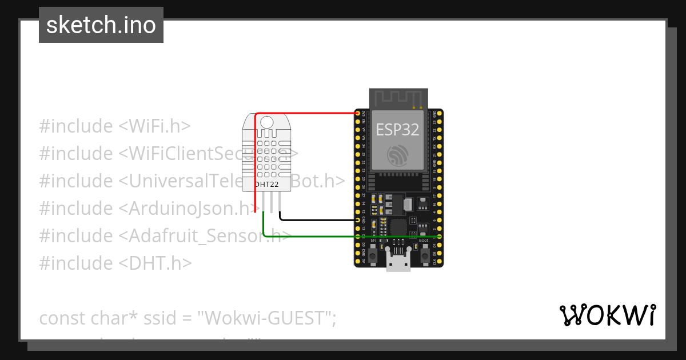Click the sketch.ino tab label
pyautogui.click(x=101, y=25)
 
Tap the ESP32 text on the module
pyautogui.click(x=397, y=130)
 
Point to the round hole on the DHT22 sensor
pyautogui.click(x=267, y=121)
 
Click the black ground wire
pyautogui.click(x=317, y=219)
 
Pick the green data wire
pyautogui.click(x=343, y=235)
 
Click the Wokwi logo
pyautogui.click(x=608, y=315)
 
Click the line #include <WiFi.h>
pyautogui.click(x=114, y=126)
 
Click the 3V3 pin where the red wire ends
pyautogui.click(x=358, y=113)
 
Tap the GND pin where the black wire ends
pyautogui.click(x=358, y=219)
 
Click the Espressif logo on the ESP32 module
pyautogui.click(x=397, y=155)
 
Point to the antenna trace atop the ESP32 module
pyautogui.click(x=398, y=98)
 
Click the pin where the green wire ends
pyautogui.click(x=439, y=236)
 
